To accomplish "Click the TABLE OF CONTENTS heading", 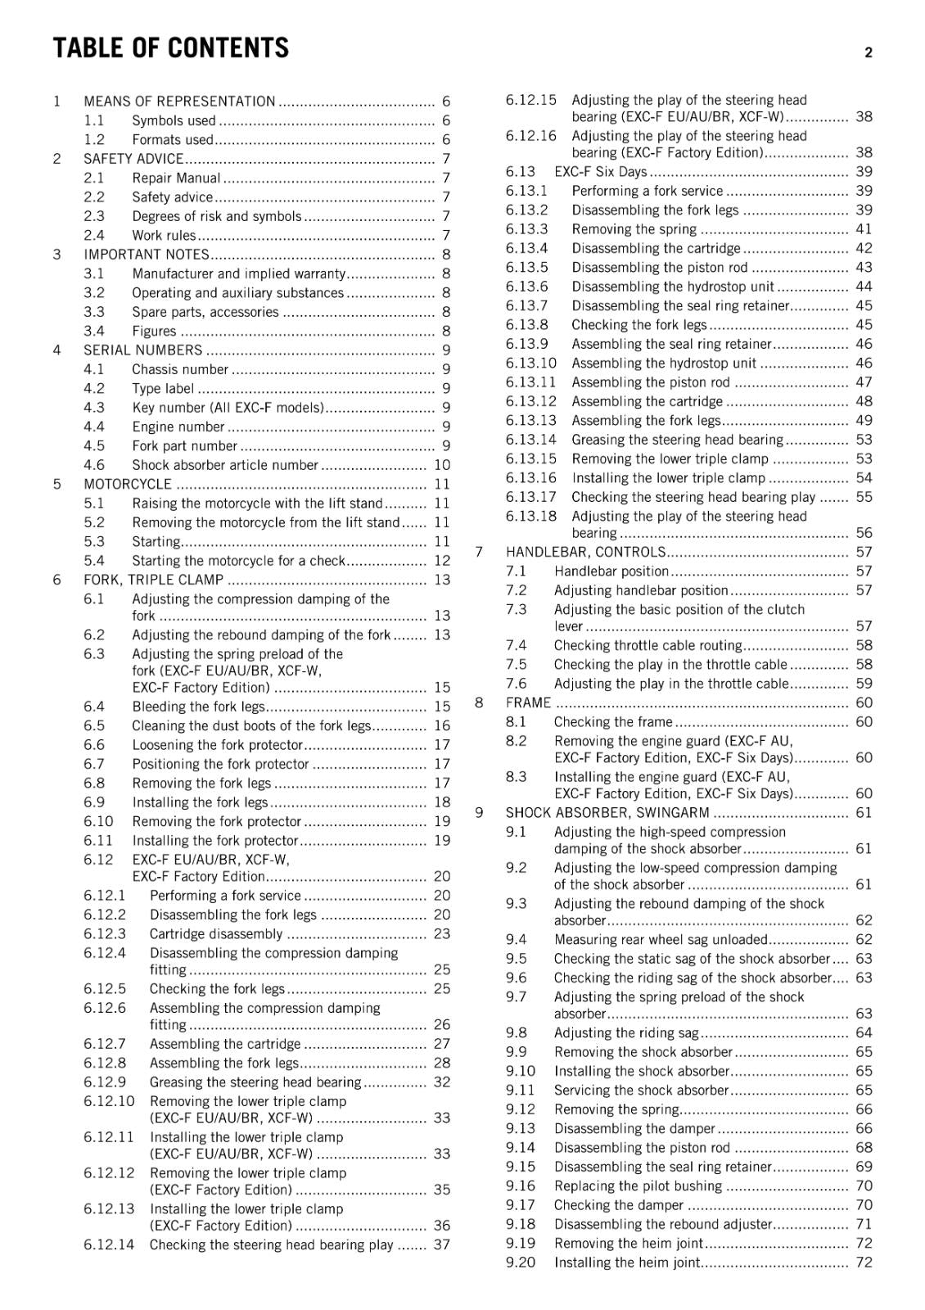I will (170, 48).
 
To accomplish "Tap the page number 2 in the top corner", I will (868, 52).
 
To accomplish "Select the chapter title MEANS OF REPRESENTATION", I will (179, 102).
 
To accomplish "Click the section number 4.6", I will (94, 465).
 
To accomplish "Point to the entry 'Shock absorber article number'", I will (225, 465).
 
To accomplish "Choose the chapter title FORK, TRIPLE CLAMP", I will (153, 580).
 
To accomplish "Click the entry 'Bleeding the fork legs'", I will (199, 707).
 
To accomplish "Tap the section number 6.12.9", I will (105, 1082).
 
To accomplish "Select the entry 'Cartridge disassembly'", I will (216, 934).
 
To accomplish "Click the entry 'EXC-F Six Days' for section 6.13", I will (601, 172).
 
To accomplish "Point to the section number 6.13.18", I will (530, 516).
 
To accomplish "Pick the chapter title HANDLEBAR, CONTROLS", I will (585, 552).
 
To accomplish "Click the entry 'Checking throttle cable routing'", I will (647, 645).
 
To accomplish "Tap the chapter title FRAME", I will (528, 702).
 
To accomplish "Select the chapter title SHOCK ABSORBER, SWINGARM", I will (607, 813).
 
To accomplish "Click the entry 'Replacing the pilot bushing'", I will (638, 1186).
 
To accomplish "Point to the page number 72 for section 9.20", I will (864, 1263).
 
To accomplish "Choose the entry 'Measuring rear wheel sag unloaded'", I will (661, 940).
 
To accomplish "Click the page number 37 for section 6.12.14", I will (442, 1244).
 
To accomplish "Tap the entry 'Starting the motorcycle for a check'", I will (238, 561).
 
